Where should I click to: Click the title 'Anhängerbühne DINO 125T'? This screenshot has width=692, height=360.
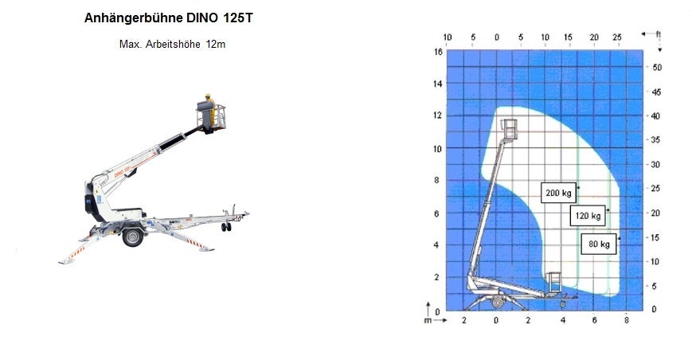tap(169, 18)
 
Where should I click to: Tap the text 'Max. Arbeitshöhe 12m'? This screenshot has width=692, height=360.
tap(172, 44)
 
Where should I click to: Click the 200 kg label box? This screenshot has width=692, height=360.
tap(558, 193)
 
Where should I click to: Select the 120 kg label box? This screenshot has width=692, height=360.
tap(588, 216)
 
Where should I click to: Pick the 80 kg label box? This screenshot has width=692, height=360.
tap(599, 244)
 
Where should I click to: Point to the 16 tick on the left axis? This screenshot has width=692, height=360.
tap(437, 52)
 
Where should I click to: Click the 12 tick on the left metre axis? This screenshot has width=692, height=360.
tap(437, 115)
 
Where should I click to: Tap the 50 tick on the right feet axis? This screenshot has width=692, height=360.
tap(657, 68)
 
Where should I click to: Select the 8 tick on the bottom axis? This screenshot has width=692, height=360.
tap(626, 320)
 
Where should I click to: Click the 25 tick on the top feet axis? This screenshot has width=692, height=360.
tap(617, 37)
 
